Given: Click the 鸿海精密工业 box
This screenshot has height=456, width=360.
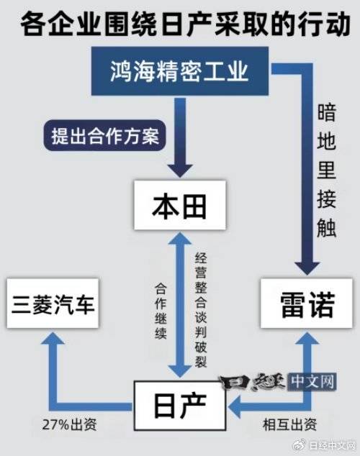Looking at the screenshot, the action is click(x=180, y=71).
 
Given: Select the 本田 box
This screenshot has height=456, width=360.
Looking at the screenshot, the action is click(x=180, y=205).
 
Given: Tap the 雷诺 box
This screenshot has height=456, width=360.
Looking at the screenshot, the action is click(x=307, y=304).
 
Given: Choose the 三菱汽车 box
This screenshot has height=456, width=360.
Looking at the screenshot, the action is click(x=53, y=304).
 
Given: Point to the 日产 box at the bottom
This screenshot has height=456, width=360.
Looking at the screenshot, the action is click(x=180, y=406).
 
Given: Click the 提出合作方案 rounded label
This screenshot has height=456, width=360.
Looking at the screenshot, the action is click(x=105, y=135).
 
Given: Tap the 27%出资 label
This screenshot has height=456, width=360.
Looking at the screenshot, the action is click(x=69, y=425).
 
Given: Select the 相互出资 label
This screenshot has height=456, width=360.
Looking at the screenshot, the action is click(x=289, y=424).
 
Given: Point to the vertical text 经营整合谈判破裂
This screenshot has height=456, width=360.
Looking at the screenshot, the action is click(x=201, y=310).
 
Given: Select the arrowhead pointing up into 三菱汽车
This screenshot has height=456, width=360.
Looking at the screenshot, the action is click(x=53, y=337).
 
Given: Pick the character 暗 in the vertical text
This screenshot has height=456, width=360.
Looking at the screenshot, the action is click(x=327, y=112).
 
